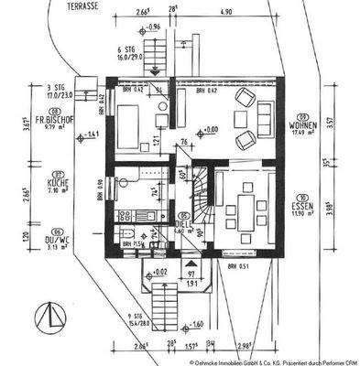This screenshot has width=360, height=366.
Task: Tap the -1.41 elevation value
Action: click(92, 135)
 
